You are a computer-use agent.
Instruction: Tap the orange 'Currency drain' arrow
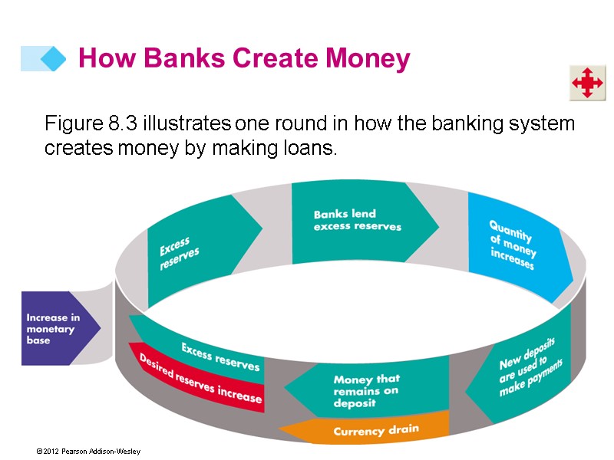coord(368,430)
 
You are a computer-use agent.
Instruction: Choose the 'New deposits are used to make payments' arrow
coord(527,366)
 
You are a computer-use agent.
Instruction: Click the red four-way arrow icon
coord(587,83)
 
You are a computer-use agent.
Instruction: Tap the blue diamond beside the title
coord(53,59)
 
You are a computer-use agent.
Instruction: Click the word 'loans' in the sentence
coord(316,148)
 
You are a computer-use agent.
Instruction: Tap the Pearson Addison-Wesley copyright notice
coord(87,451)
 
